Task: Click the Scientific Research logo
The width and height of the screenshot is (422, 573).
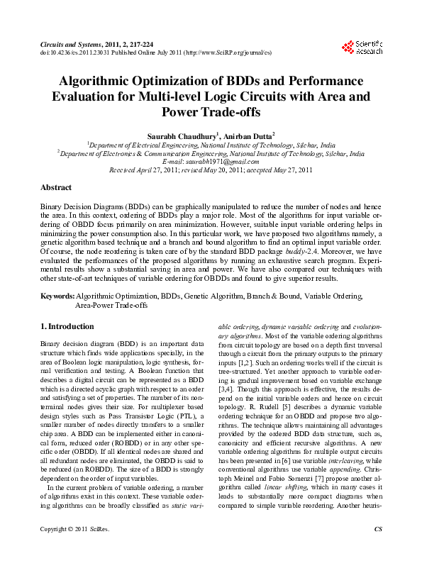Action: [362, 48]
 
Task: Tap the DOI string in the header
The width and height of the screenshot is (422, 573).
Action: [75, 52]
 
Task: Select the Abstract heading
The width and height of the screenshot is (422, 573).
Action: [55, 187]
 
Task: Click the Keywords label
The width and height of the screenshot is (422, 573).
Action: [57, 295]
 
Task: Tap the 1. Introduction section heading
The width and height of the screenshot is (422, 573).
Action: [67, 326]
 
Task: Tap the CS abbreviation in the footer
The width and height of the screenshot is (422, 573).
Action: [378, 549]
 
